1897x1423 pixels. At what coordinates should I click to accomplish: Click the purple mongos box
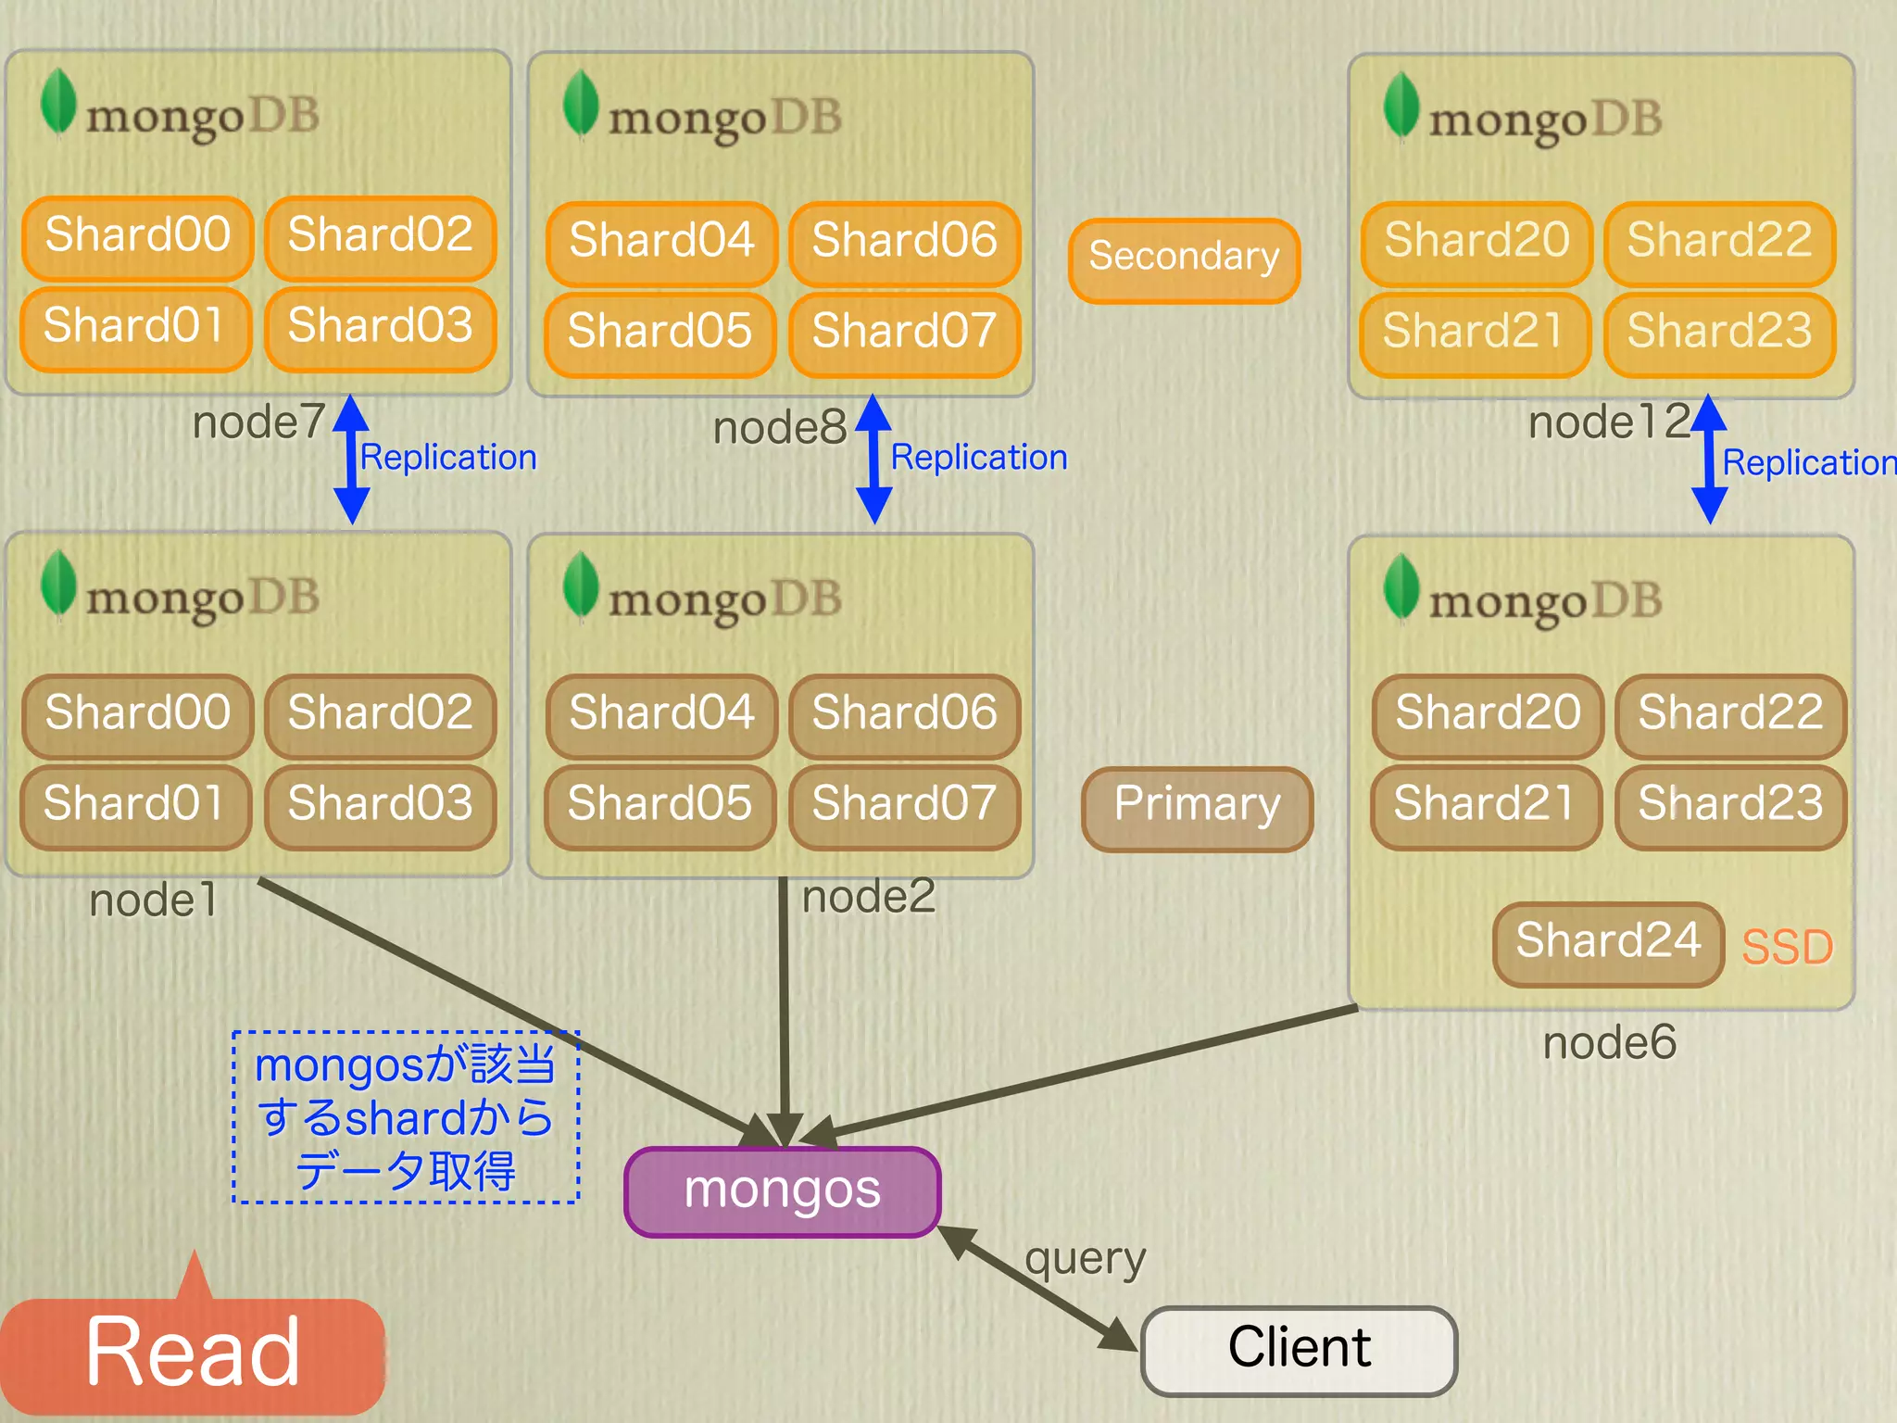[x=783, y=1191]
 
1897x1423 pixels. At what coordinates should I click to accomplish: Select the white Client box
[x=1300, y=1351]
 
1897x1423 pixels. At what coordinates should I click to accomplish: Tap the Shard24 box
[x=1609, y=943]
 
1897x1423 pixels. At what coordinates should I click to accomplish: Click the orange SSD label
[x=1788, y=948]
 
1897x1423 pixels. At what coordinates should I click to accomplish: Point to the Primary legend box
[x=1198, y=808]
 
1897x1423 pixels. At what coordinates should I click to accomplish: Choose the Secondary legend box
[x=1185, y=260]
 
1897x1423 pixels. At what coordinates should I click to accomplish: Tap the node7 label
[x=258, y=423]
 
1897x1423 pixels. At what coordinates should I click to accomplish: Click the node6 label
[x=1610, y=1043]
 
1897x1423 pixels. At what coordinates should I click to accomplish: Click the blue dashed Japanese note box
[x=406, y=1117]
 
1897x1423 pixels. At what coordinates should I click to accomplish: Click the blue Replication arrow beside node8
[x=873, y=460]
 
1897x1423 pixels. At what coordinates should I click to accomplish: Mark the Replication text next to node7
[x=448, y=458]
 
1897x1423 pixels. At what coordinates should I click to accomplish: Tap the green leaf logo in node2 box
[x=581, y=585]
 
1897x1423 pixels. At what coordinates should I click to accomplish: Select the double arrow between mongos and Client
[x=1038, y=1288]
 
